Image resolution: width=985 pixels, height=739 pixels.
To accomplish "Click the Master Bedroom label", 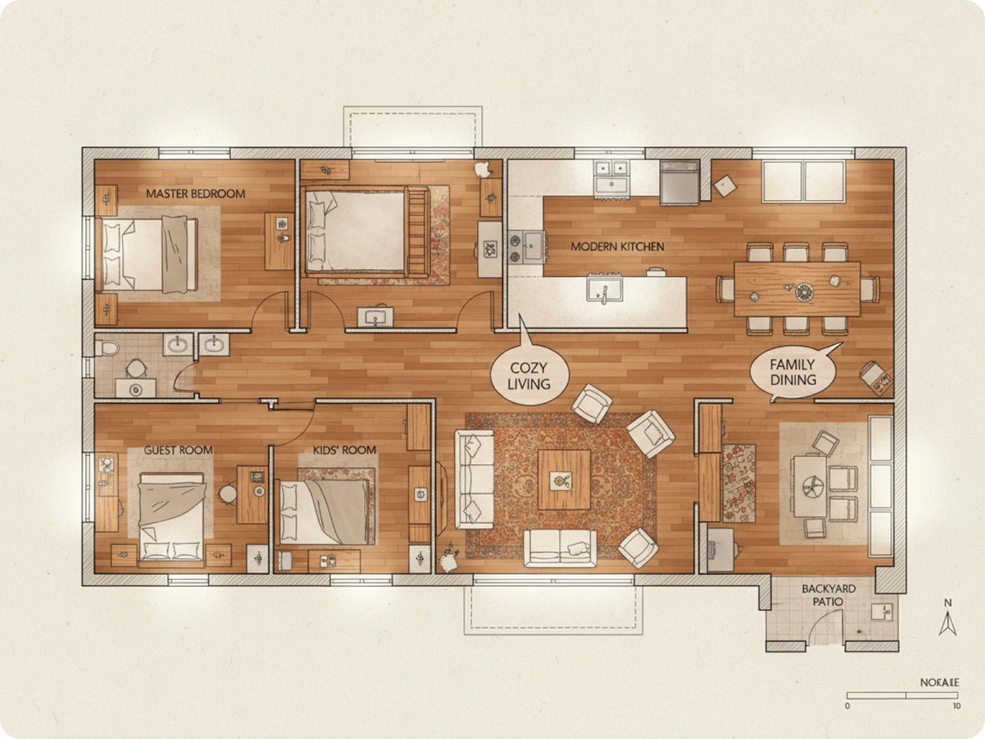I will [x=195, y=194].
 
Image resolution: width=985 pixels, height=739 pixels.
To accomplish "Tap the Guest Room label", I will [x=178, y=450].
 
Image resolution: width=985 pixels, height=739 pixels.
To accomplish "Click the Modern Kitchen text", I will [x=617, y=246].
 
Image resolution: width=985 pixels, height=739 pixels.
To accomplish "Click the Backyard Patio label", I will [x=828, y=595].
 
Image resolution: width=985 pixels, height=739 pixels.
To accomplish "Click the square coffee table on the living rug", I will [x=564, y=478].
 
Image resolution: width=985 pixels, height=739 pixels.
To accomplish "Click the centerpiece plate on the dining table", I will [x=803, y=291].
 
